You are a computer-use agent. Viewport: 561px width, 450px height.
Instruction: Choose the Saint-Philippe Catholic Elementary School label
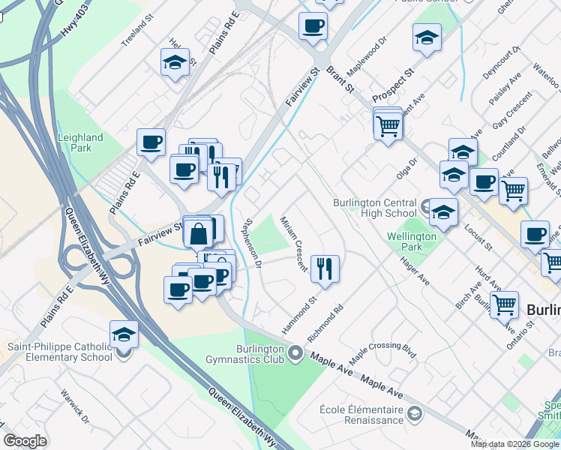pyautogui.click(x=59, y=352)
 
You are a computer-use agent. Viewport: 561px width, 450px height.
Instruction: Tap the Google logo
pyautogui.click(x=25, y=441)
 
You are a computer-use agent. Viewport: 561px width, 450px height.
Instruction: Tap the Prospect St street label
pyautogui.click(x=395, y=76)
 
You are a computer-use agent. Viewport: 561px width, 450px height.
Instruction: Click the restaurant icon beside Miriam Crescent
pyautogui.click(x=325, y=268)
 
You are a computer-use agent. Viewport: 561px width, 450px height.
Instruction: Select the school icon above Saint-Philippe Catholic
pyautogui.click(x=124, y=334)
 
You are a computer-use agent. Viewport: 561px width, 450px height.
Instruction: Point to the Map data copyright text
pyautogui.click(x=514, y=444)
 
